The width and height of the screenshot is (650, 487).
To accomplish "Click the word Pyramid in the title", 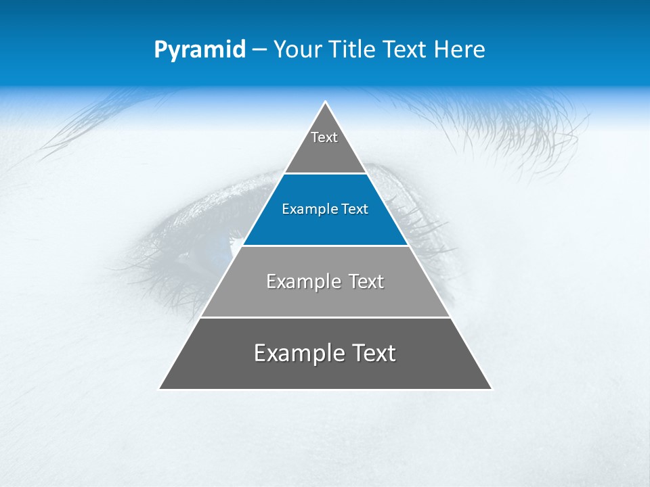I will click(x=200, y=50).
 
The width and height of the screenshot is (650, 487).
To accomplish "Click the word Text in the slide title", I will click(x=406, y=50).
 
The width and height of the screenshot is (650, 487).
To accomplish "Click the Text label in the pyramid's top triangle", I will click(x=324, y=137).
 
